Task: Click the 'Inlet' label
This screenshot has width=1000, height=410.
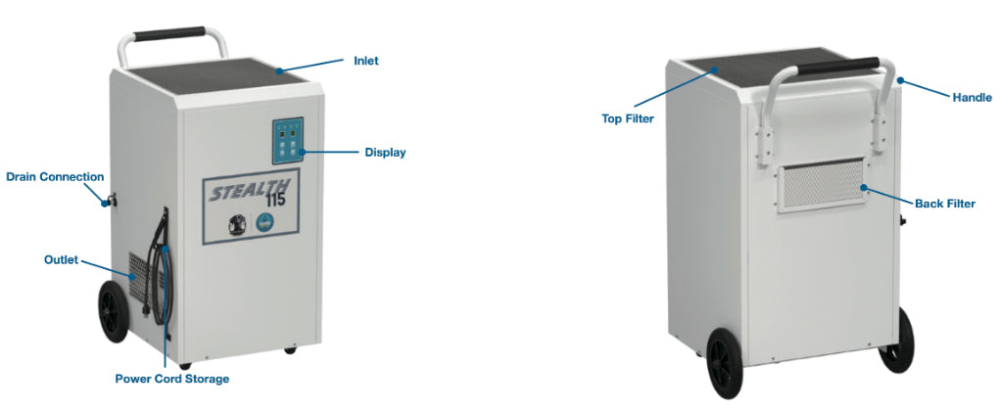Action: pos(366,62)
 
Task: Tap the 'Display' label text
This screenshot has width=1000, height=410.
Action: pos(385,153)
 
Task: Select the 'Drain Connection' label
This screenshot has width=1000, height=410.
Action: pos(55,177)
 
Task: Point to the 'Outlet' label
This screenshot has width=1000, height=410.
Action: pos(62,260)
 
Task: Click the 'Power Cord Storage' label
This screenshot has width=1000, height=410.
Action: pos(172,379)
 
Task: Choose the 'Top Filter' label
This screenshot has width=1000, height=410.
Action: pos(628,118)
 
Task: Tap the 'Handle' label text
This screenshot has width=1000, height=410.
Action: pos(972,98)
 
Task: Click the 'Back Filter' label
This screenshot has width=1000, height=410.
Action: pos(945,205)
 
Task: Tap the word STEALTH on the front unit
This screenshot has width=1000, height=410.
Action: pos(250,190)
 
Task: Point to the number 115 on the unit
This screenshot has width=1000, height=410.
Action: pos(275,201)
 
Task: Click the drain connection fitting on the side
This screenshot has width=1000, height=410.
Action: pos(109,202)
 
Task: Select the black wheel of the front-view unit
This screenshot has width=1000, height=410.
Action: pos(114,311)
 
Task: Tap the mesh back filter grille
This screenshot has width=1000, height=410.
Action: pos(824,184)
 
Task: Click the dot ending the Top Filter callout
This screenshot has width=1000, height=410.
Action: pos(716,70)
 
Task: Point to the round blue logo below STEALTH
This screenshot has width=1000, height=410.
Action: pos(264,225)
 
